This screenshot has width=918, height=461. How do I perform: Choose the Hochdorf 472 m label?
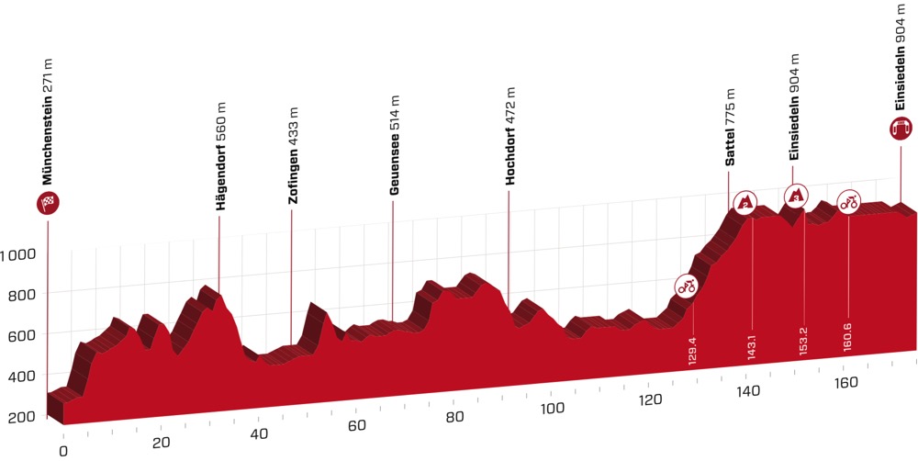[x=510, y=136]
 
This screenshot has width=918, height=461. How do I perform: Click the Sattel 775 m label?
[x=732, y=128]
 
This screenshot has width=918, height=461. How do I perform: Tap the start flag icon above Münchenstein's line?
[x=46, y=203]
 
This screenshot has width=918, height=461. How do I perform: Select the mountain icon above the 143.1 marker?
[x=746, y=200]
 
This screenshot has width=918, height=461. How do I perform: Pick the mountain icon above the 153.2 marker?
[x=795, y=194]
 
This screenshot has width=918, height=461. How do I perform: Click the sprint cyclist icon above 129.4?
[x=686, y=286]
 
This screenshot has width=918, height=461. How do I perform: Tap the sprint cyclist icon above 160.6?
[x=848, y=200]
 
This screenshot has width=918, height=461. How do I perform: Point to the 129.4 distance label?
[x=691, y=350]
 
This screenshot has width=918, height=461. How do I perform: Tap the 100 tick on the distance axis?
[x=552, y=408]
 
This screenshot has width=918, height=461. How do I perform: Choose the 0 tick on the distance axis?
[x=63, y=451]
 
